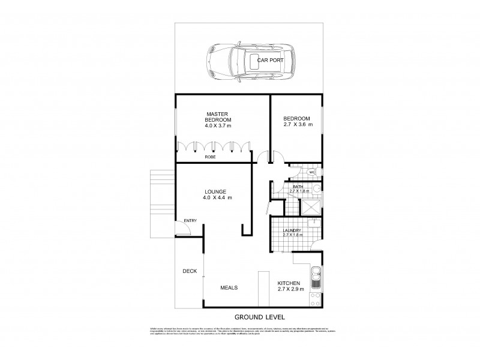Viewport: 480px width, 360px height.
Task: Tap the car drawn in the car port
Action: tap(253, 61)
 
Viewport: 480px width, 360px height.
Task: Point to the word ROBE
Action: tap(210, 157)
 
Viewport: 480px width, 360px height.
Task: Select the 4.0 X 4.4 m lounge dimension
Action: tap(218, 198)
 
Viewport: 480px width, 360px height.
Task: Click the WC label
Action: tap(312, 173)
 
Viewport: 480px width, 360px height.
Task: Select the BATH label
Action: tap(298, 187)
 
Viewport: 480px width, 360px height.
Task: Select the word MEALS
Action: tap(229, 287)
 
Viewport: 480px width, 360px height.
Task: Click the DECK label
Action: tap(190, 271)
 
